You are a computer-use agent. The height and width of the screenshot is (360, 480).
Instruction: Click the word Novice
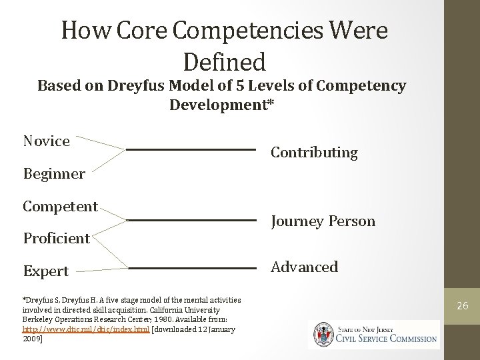(46, 141)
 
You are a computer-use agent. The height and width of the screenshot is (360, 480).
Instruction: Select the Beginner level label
(54, 174)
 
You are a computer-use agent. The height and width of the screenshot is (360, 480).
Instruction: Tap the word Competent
(60, 206)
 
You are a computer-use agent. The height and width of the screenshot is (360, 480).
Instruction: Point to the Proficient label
(56, 238)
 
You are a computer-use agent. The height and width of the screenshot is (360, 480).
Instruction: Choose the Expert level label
(45, 271)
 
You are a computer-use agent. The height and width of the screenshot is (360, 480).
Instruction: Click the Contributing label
(314, 153)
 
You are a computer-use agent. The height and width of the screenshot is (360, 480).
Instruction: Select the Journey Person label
(323, 221)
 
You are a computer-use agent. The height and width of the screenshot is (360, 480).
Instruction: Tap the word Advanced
(304, 267)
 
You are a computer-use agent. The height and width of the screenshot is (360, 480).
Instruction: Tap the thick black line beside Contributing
(191, 150)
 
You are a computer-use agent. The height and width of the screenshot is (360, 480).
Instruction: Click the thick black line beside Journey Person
(191, 219)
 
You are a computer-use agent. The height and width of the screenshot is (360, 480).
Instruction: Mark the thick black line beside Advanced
(191, 268)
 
